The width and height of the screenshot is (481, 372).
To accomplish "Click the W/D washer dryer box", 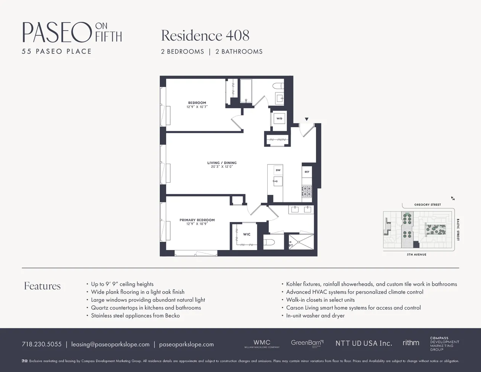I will tap(279, 119).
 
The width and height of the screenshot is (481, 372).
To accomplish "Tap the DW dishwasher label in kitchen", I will tap(278, 170).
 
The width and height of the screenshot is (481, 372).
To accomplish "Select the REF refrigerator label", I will tap(307, 172).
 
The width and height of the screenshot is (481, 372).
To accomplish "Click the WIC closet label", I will tap(247, 234).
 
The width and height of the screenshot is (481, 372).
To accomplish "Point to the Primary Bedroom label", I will tap(197, 220).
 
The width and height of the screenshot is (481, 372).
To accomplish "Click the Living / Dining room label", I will tap(222, 163).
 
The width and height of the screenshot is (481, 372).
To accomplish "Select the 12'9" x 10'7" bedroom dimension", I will tap(197, 107).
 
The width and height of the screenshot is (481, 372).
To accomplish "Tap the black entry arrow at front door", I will tap(307, 119).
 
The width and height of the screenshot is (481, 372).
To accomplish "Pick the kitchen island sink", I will tap(277, 182).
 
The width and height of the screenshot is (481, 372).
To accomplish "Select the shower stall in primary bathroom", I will tap(301, 242).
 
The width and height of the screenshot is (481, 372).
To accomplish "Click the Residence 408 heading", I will tap(205, 36).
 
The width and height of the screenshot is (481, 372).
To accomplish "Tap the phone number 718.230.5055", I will tap(42, 344).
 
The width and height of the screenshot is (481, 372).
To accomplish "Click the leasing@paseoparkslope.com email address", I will tap(110, 344).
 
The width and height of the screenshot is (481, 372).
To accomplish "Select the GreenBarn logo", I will tap(307, 343).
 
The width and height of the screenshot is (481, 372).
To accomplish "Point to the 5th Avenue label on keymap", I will tap(416, 254).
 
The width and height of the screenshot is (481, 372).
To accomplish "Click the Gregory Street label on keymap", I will tap(427, 205).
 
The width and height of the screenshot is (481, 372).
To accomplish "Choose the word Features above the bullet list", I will tap(42, 286).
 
